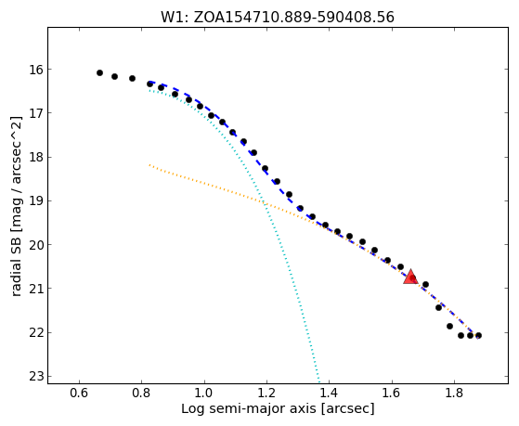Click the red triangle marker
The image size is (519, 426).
click(x=410, y=278)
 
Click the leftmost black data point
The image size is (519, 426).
click(x=99, y=72)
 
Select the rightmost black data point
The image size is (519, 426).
click(x=478, y=335)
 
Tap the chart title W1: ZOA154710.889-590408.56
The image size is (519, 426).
click(x=278, y=18)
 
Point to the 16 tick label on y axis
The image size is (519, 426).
click(x=36, y=70)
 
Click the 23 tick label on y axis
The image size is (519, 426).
click(x=36, y=377)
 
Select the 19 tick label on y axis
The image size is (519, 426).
click(x=36, y=200)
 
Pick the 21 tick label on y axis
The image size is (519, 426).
click(x=36, y=289)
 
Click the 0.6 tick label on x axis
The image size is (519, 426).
click(x=79, y=393)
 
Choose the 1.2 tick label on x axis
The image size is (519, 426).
click(x=266, y=393)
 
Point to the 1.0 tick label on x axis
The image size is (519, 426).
click(x=204, y=393)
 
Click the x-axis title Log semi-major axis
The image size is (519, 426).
click(x=249, y=409)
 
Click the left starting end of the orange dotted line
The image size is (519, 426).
click(x=149, y=164)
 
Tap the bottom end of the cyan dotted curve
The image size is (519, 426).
click(x=318, y=381)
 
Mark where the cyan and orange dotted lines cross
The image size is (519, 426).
click(x=264, y=202)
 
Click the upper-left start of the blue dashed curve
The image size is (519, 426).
click(x=149, y=82)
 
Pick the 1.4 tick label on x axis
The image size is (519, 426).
click(x=329, y=393)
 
